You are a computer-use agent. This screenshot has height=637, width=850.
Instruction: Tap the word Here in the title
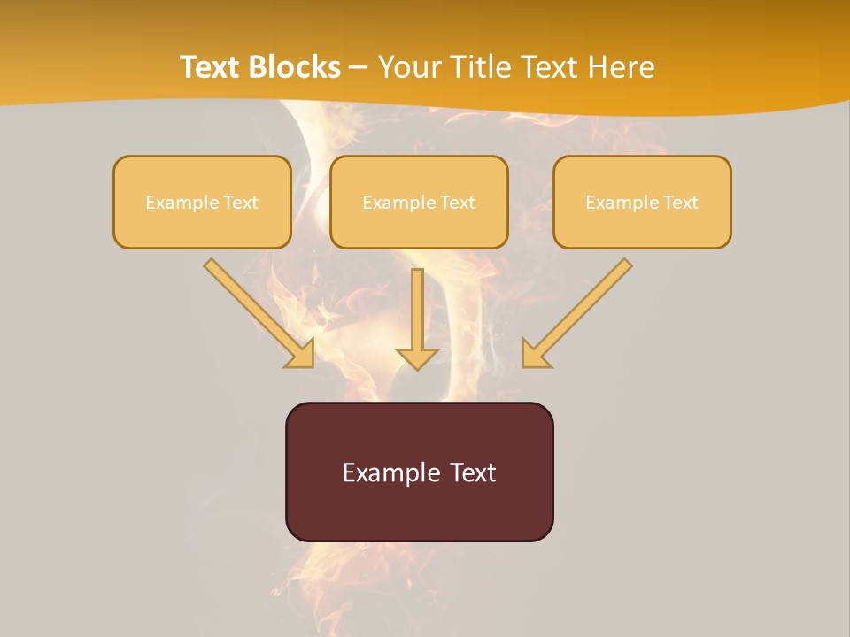621,67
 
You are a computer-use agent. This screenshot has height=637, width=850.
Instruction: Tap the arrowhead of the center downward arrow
417,357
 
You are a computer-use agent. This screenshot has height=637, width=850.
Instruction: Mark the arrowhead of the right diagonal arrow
534,356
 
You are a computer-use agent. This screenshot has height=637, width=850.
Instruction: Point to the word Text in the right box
681,203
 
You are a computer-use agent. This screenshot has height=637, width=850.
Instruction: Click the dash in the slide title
359,68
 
